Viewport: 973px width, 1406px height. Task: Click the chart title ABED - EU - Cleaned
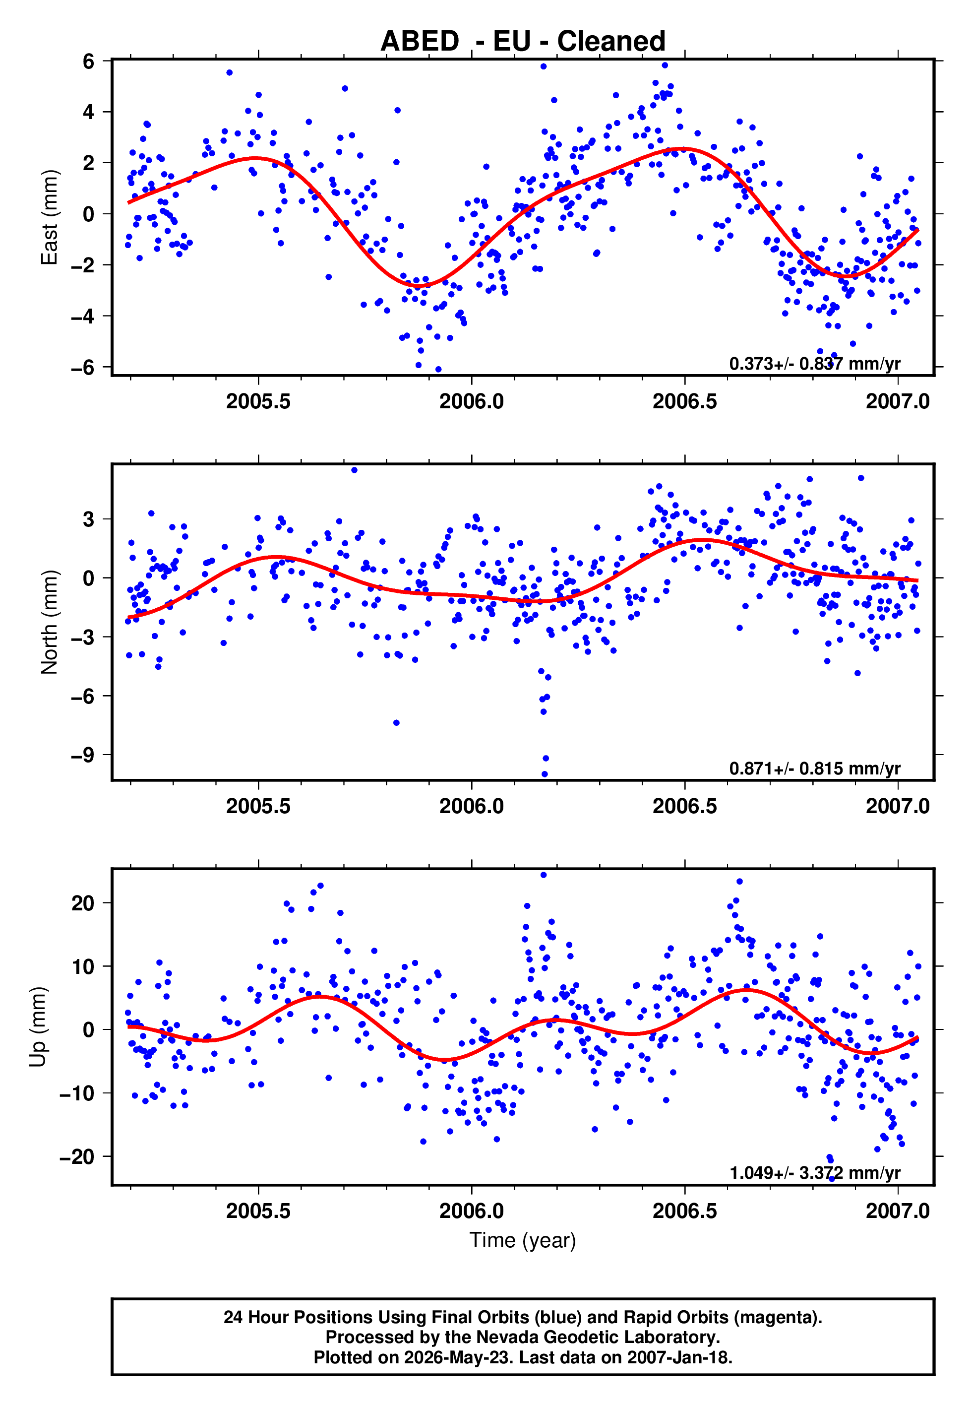[x=523, y=41]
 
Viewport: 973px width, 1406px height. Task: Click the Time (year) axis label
[x=523, y=1240]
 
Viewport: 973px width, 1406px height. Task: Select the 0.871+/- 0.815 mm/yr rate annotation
[x=814, y=768]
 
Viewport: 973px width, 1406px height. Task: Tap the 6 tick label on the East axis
[x=89, y=61]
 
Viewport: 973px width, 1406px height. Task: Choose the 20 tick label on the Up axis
[x=83, y=902]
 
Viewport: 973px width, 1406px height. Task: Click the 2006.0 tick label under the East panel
[x=471, y=401]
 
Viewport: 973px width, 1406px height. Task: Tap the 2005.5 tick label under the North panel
[x=258, y=806]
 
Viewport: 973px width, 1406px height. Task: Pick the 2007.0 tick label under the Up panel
[x=898, y=1211]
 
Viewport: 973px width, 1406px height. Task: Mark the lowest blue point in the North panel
[x=545, y=774]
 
